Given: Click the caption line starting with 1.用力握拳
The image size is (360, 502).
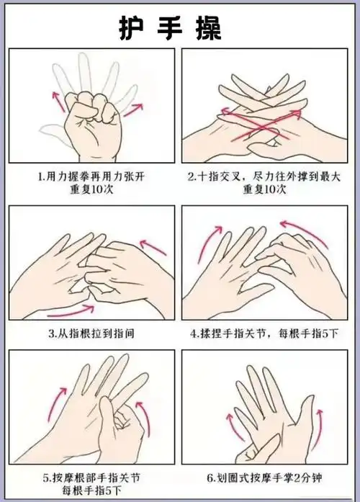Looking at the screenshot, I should click(x=91, y=176).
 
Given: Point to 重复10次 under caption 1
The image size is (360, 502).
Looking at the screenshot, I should click(x=91, y=189).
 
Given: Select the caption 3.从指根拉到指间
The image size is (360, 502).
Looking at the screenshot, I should click(x=91, y=334).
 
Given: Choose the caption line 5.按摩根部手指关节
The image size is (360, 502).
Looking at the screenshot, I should click(x=91, y=477).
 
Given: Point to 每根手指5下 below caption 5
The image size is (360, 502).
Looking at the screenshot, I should click(x=91, y=490).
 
